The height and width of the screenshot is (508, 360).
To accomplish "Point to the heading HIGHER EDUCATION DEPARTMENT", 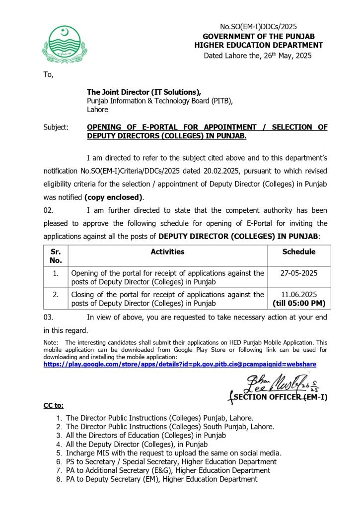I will tap(258, 45).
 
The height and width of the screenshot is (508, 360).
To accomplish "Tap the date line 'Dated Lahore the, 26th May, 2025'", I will tap(258, 56).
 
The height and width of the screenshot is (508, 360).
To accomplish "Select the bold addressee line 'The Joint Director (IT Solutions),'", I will tap(144, 92).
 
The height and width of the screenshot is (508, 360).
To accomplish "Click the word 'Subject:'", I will tap(56, 127).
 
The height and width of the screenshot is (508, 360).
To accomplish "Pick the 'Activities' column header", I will tap(167, 252).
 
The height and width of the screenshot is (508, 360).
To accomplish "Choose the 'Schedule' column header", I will tap(299, 252).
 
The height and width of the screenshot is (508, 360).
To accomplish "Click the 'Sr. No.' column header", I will tap(56, 255).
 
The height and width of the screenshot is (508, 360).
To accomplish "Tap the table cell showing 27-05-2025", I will tap(299, 273).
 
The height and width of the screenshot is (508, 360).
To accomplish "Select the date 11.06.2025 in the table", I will tap(299, 294).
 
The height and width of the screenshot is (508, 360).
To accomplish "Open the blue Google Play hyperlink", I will tap(180, 364).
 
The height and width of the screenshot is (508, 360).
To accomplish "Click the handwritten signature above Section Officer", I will tap(271, 383).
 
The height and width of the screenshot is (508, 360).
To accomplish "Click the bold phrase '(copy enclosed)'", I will tap(114, 196).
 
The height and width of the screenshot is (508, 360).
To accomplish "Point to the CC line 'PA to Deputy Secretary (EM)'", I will tap(161, 479).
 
